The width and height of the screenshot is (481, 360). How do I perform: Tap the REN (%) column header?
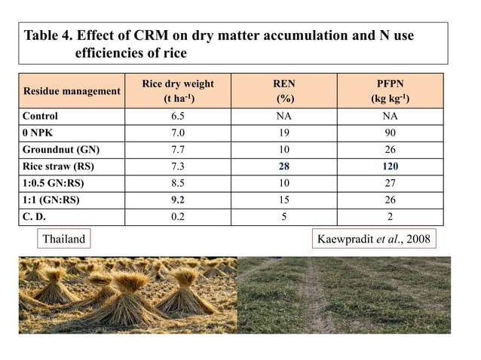[x=283, y=91]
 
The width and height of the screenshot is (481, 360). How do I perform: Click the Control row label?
[x=40, y=117]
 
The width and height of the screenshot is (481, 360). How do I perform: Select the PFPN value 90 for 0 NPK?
[x=389, y=133]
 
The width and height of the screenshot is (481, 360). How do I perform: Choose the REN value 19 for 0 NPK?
[x=283, y=133]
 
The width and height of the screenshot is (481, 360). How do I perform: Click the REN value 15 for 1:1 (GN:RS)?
[x=283, y=200]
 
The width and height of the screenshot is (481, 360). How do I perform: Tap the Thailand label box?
[x=64, y=239]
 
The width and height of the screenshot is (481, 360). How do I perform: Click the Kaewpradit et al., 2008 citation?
[x=375, y=239]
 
